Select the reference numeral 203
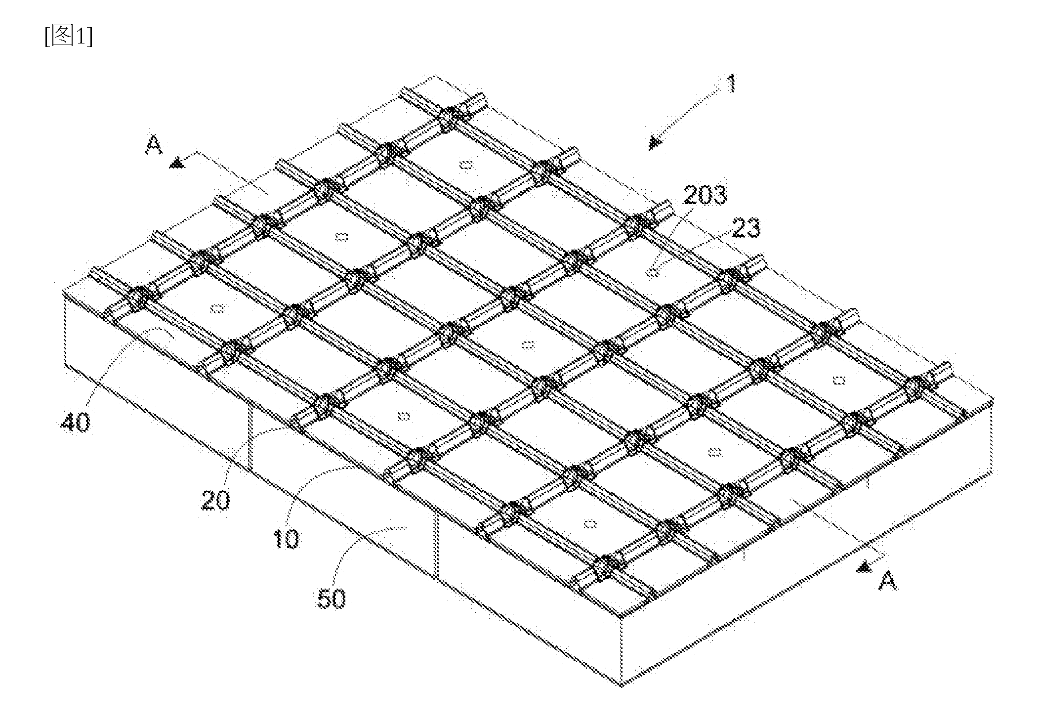[x=705, y=195]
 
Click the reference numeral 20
[x=215, y=499]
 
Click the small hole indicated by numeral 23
[x=653, y=271]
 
